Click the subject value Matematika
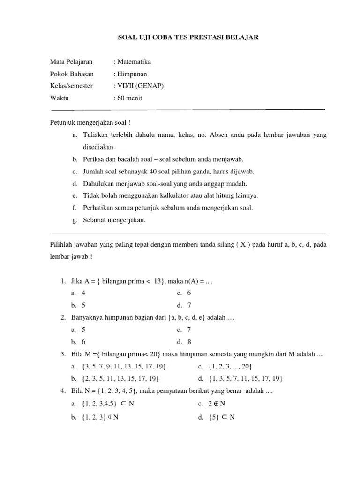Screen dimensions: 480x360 coord(134,62)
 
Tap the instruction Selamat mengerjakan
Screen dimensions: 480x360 coord(114,220)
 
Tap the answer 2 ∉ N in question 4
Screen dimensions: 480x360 coord(217,404)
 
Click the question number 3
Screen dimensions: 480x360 coord(62,354)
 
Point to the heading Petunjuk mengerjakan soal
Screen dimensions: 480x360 coord(90,123)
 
